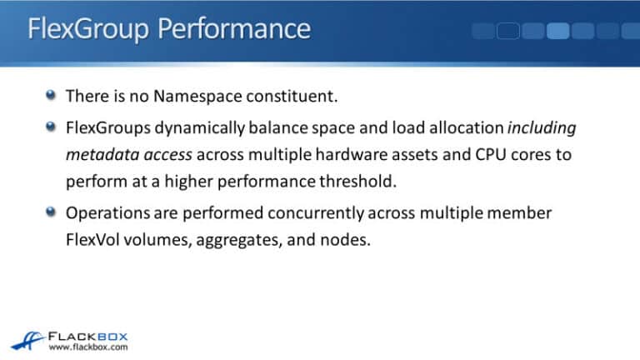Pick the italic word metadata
(97, 154)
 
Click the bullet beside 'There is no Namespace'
(52, 95)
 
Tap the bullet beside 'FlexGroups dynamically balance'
(52, 127)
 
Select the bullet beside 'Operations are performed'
(52, 212)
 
